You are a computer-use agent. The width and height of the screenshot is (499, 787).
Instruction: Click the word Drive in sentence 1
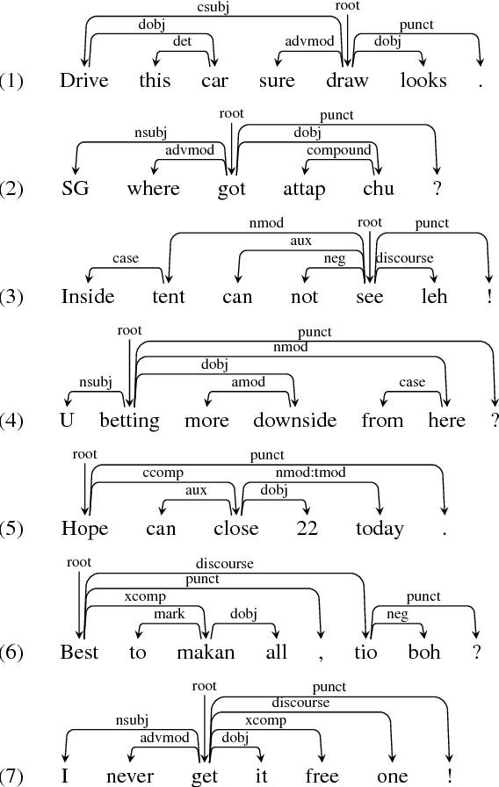(x=84, y=81)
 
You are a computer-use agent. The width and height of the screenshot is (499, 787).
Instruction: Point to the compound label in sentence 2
(x=338, y=150)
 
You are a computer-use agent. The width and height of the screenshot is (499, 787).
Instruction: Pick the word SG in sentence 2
(x=76, y=189)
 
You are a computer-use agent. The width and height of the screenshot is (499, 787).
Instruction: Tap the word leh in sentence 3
(x=423, y=296)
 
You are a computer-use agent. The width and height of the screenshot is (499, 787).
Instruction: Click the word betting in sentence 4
(x=130, y=420)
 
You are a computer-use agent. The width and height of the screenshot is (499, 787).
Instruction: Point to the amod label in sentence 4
(x=249, y=382)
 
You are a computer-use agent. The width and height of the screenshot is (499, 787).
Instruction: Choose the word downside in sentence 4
(x=294, y=420)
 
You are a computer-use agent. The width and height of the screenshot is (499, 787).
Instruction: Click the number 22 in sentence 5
(x=307, y=528)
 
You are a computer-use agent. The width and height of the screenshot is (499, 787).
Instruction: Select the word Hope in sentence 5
(x=85, y=528)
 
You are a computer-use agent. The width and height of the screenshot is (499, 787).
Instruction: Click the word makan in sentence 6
(x=205, y=653)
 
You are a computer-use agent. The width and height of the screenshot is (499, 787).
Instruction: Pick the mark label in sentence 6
(x=170, y=614)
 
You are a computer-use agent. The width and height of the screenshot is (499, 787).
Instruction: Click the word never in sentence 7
(x=130, y=776)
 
